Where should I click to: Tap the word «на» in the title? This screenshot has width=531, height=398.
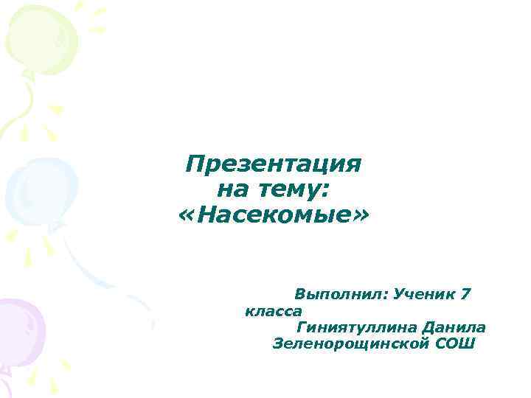click(232, 190)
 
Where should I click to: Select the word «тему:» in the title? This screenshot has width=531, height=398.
click(294, 191)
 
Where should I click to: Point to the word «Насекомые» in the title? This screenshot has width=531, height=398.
click(274, 217)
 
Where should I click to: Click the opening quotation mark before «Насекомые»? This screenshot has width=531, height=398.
click(186, 217)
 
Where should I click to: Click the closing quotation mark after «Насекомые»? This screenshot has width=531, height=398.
click(362, 217)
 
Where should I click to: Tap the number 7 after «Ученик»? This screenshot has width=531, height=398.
click(465, 293)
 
